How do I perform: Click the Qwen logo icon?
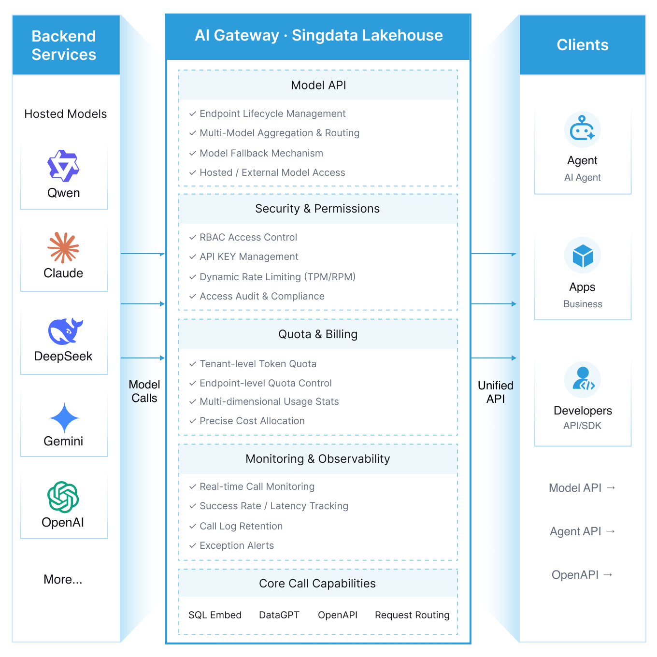[x=63, y=166]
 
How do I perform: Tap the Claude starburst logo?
[x=63, y=247]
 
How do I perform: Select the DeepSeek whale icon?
[x=65, y=331]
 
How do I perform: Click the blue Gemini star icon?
[x=64, y=418]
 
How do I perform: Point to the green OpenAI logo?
[x=63, y=497]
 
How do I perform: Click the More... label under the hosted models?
[x=63, y=579]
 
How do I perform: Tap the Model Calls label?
[x=144, y=391]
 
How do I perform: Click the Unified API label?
[x=496, y=392]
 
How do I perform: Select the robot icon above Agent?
[x=583, y=129]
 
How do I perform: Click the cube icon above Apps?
[x=583, y=256]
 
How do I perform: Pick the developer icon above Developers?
[x=583, y=380]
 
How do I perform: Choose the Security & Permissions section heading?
[x=317, y=209]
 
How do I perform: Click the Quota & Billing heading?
[x=318, y=334]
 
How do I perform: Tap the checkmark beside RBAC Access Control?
[x=193, y=237]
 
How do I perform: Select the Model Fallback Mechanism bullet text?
[x=261, y=153]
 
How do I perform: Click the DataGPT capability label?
[x=279, y=615]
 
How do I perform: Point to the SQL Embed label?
[x=215, y=615]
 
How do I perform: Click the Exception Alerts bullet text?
[x=237, y=545]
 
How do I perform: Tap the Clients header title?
[x=583, y=45]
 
